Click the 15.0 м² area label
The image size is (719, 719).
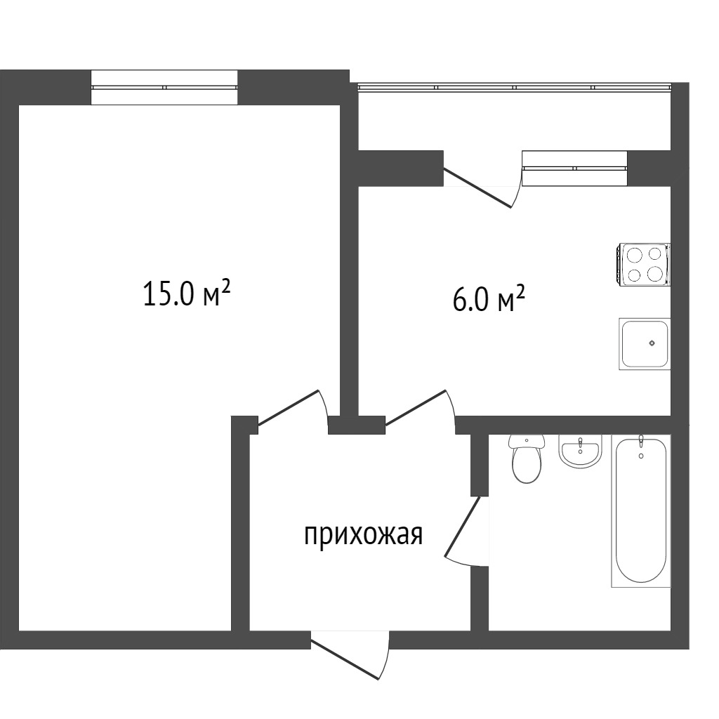point(186,293)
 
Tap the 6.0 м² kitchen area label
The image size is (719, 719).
point(489,298)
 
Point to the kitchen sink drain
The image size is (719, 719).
point(652,343)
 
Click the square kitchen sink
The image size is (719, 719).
point(645,344)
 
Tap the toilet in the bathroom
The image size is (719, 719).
point(527,459)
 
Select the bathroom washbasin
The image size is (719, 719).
point(579,451)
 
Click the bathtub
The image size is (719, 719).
point(641,511)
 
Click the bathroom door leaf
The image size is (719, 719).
point(462,527)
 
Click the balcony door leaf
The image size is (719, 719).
point(477,188)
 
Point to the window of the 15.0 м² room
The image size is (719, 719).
point(164,87)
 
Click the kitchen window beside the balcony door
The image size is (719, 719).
point(574,169)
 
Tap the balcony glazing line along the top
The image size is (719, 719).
point(515,86)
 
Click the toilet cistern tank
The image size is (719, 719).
point(527,441)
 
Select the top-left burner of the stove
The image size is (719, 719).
point(634,253)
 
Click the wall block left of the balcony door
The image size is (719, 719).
point(401,169)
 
